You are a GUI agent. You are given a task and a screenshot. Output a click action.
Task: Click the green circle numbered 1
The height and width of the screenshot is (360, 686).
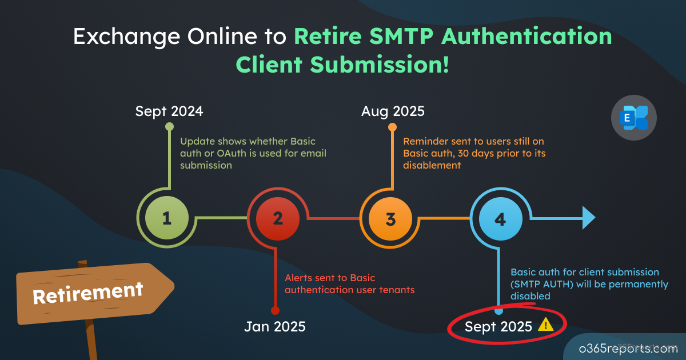[167, 218]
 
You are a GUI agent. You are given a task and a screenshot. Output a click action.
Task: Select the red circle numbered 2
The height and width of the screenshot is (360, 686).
[278, 218]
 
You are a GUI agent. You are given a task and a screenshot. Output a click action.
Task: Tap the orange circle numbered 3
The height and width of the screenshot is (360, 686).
[390, 219]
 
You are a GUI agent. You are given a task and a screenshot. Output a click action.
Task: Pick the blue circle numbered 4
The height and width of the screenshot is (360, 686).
[500, 219]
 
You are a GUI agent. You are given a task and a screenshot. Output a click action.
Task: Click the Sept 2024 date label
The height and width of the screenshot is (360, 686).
[169, 111]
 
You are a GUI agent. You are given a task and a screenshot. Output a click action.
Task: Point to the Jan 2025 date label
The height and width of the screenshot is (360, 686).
[275, 327]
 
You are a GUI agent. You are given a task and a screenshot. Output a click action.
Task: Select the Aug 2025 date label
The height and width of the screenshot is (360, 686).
[393, 111]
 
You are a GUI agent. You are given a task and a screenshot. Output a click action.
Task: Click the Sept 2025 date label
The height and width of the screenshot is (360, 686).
[498, 327]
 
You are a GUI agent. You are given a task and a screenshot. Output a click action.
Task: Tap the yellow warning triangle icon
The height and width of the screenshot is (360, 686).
[546, 325]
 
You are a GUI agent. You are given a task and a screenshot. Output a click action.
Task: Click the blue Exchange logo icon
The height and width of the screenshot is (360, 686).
[634, 118]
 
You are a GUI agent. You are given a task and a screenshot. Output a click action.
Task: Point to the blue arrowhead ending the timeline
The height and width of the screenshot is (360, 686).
[589, 218]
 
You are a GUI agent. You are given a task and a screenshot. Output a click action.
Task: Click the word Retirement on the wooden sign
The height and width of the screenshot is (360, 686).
[88, 293]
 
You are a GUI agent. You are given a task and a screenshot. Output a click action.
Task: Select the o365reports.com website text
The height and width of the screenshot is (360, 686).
[628, 349]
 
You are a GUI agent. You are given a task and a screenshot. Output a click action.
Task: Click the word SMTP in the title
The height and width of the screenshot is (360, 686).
[401, 37]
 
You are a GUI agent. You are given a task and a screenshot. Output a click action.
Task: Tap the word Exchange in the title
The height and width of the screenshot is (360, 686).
[126, 37]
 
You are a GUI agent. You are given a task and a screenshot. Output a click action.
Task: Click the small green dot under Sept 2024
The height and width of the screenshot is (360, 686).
[169, 126]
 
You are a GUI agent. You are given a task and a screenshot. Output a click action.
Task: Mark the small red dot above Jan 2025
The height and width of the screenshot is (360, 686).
[276, 311]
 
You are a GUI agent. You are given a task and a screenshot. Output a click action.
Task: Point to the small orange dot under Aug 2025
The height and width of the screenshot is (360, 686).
[392, 127]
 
